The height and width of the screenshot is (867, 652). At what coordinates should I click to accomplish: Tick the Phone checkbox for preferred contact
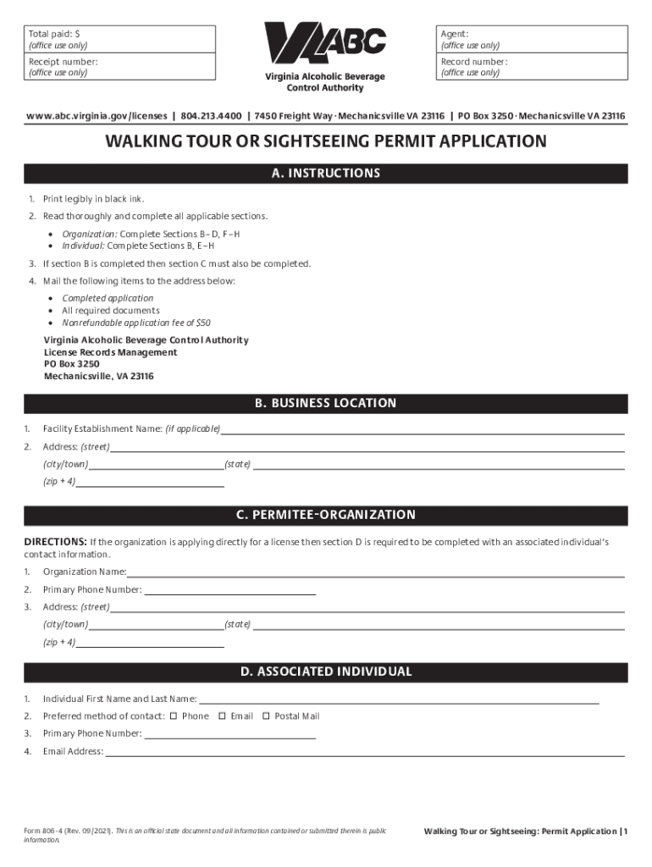click(x=174, y=716)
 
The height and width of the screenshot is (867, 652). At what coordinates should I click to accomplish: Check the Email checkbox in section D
click(x=222, y=716)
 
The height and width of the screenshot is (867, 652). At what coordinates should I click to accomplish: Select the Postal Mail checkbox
click(x=266, y=716)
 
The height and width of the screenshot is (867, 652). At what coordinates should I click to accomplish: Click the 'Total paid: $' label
click(x=53, y=32)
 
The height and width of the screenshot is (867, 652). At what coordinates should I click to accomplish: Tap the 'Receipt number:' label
click(x=63, y=62)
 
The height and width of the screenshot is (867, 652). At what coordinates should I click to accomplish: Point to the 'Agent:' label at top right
click(x=455, y=32)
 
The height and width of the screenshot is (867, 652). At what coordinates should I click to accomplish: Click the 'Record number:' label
click(x=474, y=62)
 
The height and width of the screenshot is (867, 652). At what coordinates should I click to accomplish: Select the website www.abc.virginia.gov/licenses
click(x=97, y=116)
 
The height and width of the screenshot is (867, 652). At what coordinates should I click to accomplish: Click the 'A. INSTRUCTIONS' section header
click(x=326, y=174)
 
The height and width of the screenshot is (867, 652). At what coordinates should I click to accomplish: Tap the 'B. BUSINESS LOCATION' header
click(x=326, y=403)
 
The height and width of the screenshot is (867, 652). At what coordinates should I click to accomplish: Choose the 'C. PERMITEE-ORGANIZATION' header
click(x=326, y=515)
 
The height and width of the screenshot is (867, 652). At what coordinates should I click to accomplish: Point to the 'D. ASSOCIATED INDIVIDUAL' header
click(x=326, y=671)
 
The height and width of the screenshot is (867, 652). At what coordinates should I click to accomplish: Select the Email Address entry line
click(x=364, y=753)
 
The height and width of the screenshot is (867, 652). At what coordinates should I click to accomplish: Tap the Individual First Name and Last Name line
click(x=398, y=700)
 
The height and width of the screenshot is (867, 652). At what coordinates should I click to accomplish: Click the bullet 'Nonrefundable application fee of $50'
click(x=136, y=323)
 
